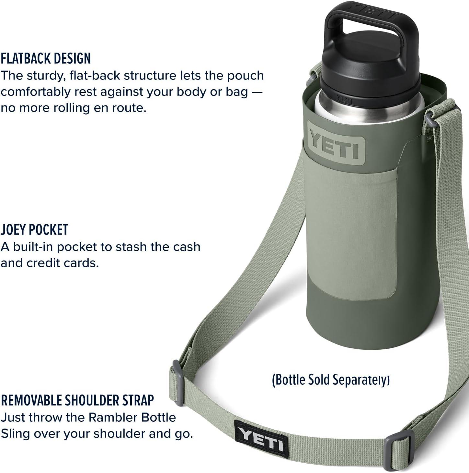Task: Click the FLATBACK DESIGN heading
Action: [46, 58]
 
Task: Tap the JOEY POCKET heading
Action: [34, 229]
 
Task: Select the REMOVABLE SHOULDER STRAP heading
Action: [77, 400]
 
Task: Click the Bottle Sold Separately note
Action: [331, 380]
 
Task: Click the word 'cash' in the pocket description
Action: [187, 247]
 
